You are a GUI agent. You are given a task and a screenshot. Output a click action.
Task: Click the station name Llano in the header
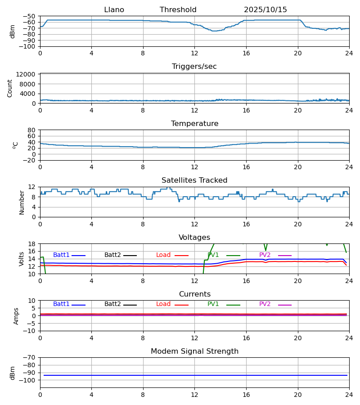click(114, 10)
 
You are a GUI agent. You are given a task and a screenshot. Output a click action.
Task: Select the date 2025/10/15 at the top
click(265, 10)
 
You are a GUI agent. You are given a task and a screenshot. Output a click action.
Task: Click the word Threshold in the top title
click(178, 10)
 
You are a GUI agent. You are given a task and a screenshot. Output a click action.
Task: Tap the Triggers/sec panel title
click(194, 67)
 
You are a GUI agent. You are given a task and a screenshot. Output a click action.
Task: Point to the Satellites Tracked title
click(194, 180)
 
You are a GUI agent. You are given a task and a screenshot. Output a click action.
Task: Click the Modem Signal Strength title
click(194, 351)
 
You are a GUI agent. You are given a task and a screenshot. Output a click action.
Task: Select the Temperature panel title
click(194, 124)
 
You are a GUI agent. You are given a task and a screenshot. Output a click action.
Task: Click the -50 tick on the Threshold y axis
click(30, 16)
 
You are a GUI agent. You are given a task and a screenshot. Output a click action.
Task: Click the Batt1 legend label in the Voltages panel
click(61, 255)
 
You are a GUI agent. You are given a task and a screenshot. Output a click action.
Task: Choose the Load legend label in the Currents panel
click(163, 304)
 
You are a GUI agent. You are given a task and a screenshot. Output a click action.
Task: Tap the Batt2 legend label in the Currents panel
click(112, 304)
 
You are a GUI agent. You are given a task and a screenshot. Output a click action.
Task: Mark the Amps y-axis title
click(17, 316)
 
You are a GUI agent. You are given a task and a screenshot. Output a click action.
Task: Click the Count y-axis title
click(10, 88)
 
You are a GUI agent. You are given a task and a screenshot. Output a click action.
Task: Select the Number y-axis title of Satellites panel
click(22, 202)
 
